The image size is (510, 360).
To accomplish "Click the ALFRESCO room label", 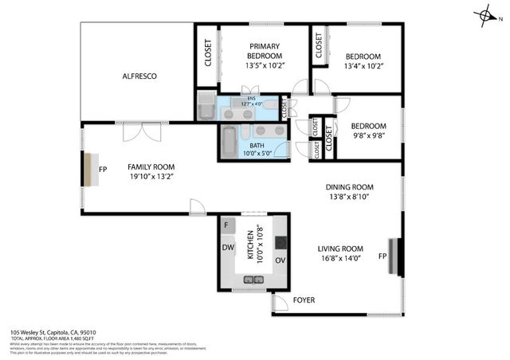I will point(139,76).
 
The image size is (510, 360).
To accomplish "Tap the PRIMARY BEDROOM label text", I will point(264,51).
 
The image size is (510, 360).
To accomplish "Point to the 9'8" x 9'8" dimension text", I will point(368,135).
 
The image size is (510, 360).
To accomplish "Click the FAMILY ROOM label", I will point(151,167).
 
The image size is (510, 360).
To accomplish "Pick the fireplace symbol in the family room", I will point(87,169).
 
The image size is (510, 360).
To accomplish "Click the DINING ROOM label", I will point(349,189).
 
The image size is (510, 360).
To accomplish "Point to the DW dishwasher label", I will point(227,247).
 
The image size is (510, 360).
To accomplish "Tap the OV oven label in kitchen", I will point(280,260).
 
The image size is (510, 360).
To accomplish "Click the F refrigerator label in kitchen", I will point(227,225).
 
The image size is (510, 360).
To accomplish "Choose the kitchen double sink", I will point(253,280).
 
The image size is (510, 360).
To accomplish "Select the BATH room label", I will point(257,146).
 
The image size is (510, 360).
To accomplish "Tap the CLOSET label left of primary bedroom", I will point(208,53).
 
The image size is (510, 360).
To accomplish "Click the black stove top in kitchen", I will point(280,242).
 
